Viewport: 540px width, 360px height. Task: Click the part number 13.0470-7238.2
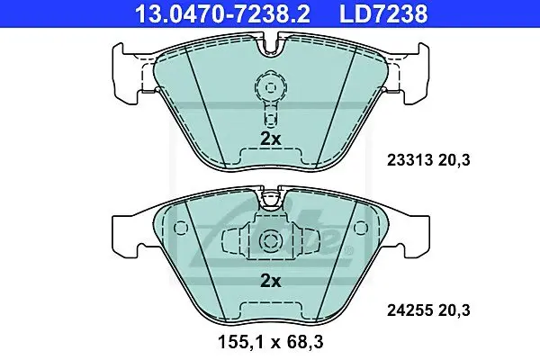click(222, 13)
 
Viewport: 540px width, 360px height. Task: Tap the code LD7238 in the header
click(383, 13)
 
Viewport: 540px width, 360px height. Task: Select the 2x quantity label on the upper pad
click(271, 139)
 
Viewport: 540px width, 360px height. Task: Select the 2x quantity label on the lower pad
click(271, 282)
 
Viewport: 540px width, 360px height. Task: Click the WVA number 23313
click(409, 160)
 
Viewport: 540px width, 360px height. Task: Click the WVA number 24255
click(409, 310)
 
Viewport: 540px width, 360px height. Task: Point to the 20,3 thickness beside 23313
click(454, 160)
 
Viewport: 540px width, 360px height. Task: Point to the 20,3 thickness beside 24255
click(454, 310)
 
